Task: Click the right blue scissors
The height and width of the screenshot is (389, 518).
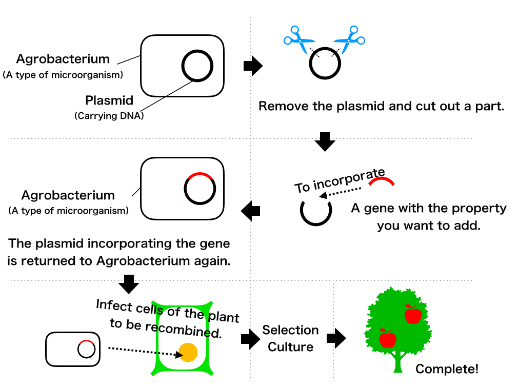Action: (349, 39)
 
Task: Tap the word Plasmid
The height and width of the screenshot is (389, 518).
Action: (109, 100)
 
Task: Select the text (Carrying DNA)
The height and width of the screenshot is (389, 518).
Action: (109, 116)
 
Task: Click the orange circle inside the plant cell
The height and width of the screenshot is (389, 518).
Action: (188, 352)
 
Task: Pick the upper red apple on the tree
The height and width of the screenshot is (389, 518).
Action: (413, 314)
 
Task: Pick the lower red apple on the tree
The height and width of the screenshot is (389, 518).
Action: (388, 338)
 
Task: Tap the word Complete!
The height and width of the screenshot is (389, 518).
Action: (447, 369)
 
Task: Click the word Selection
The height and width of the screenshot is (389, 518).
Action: (290, 330)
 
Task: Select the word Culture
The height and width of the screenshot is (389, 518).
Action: (290, 347)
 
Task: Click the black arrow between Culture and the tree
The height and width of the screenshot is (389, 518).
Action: (336, 338)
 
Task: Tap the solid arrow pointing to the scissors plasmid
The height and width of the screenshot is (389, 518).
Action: (253, 66)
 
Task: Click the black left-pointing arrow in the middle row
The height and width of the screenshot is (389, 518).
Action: (250, 211)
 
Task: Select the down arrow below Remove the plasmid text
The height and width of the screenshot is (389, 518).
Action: (325, 141)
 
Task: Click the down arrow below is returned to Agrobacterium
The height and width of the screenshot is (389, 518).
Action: (129, 284)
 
